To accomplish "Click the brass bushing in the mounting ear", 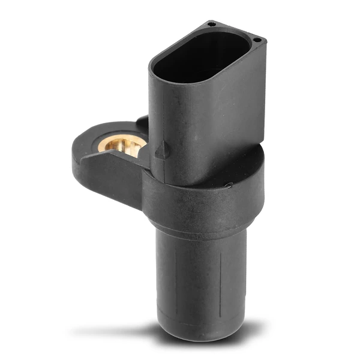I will [122, 144].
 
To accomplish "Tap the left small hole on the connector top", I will [211, 24].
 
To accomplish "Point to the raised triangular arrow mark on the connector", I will [161, 150].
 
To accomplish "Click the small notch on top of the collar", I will [228, 185].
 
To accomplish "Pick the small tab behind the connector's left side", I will [142, 122].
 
